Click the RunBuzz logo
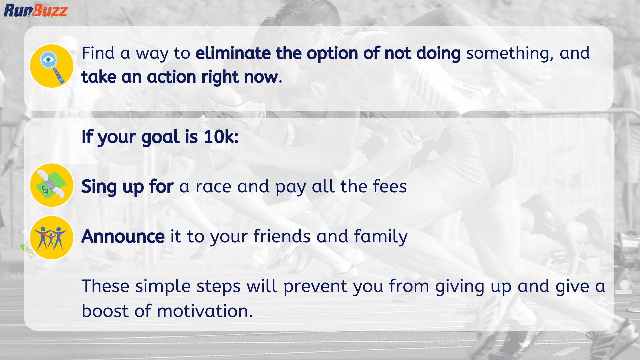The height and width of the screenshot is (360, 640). point(36,10)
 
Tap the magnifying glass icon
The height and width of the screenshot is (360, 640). point(52,66)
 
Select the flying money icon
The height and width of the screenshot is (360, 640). point(52,185)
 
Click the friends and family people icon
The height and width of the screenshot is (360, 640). point(52,238)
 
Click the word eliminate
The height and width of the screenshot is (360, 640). point(233,53)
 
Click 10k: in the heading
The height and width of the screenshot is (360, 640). point(221,137)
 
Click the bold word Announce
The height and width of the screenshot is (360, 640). point(123,237)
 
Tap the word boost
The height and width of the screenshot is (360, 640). point(105,311)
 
